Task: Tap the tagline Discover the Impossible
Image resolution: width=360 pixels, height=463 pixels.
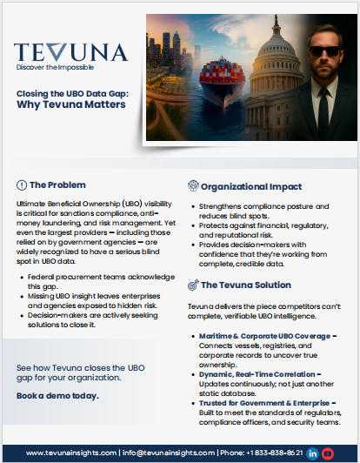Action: (54, 66)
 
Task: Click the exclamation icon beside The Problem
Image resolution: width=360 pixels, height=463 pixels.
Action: (22, 185)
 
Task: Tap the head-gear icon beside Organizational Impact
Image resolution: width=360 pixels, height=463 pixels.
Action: (193, 186)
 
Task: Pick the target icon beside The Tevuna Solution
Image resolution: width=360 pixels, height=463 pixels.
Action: (193, 285)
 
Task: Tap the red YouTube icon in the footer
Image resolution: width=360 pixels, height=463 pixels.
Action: (328, 453)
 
